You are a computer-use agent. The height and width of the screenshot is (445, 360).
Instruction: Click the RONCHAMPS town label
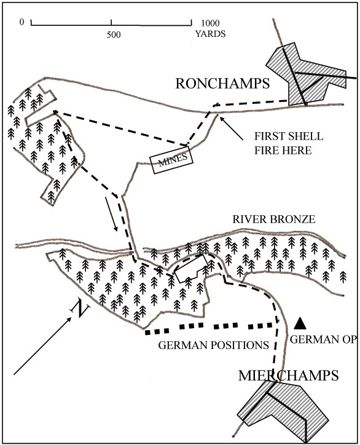click(x=222, y=84)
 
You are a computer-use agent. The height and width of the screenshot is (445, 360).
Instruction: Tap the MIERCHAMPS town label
click(x=289, y=375)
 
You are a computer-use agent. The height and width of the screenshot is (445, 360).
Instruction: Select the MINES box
click(x=171, y=159)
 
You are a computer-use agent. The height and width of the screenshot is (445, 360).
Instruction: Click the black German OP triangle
click(x=300, y=323)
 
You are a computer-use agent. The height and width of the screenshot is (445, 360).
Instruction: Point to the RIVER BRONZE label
click(x=274, y=219)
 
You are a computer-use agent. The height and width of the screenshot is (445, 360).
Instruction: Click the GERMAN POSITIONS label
click(x=213, y=345)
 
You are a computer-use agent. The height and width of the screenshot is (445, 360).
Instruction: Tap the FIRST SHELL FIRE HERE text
click(x=289, y=143)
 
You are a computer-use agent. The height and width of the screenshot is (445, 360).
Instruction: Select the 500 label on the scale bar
click(x=114, y=34)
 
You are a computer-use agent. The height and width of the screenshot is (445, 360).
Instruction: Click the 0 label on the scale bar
click(x=22, y=22)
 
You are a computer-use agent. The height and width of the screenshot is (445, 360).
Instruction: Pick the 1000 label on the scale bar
click(x=210, y=23)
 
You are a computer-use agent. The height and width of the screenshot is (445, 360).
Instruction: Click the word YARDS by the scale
click(x=210, y=34)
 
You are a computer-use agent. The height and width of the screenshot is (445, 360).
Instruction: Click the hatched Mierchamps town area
click(x=284, y=410)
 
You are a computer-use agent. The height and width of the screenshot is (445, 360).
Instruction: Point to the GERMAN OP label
click(x=323, y=339)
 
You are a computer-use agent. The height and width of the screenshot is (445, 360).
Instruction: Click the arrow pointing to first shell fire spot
click(x=231, y=128)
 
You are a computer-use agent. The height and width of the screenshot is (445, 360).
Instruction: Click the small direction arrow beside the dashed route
click(x=111, y=214)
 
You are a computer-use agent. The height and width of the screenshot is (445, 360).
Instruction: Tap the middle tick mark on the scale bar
click(x=111, y=22)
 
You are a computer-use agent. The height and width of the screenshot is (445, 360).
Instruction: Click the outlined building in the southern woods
click(x=190, y=268)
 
